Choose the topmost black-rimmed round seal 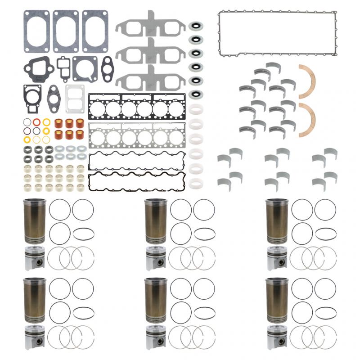[x=195, y=26]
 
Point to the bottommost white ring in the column [x=195, y=184]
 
